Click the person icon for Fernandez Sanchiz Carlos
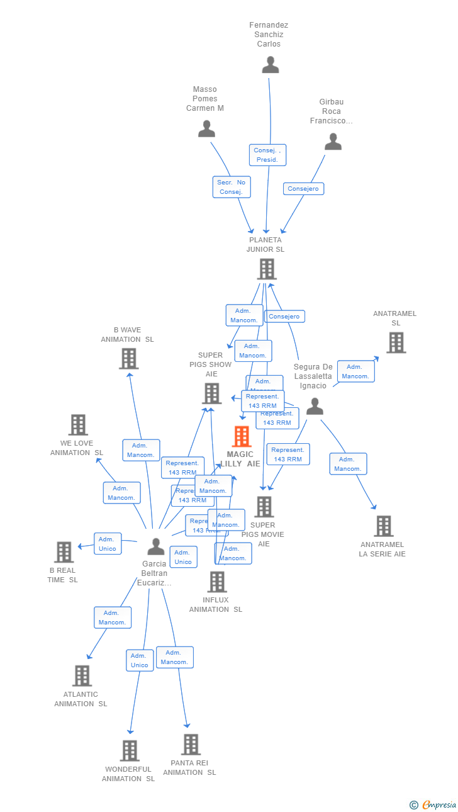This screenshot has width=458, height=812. click(271, 65)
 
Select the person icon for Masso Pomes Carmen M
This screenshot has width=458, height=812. click(206, 129)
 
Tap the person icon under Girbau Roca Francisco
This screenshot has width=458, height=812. click(333, 142)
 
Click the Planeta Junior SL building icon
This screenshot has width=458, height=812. click(267, 269)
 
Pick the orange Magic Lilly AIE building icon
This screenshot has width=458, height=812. click(242, 436)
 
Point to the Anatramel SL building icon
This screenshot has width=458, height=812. click(396, 342)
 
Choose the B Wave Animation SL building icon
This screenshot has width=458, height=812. click(128, 359)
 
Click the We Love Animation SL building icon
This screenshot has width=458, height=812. click(78, 425)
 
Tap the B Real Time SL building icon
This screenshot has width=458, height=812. click(64, 552)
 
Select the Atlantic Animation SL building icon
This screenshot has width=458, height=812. click(82, 675)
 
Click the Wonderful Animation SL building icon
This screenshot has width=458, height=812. click(130, 750)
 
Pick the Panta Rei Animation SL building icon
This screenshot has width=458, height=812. click(191, 745)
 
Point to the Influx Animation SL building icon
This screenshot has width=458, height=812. click(217, 582)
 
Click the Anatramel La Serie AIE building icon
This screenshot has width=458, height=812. click(383, 526)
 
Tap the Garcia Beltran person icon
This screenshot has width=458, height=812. click(155, 546)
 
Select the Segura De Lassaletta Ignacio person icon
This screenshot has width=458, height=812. click(315, 407)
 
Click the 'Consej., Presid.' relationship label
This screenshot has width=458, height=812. click(267, 155)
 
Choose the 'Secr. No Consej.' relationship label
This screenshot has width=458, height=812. click(232, 187)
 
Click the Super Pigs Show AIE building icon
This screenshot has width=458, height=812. click(211, 393)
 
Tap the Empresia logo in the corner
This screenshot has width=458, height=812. click(433, 804)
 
